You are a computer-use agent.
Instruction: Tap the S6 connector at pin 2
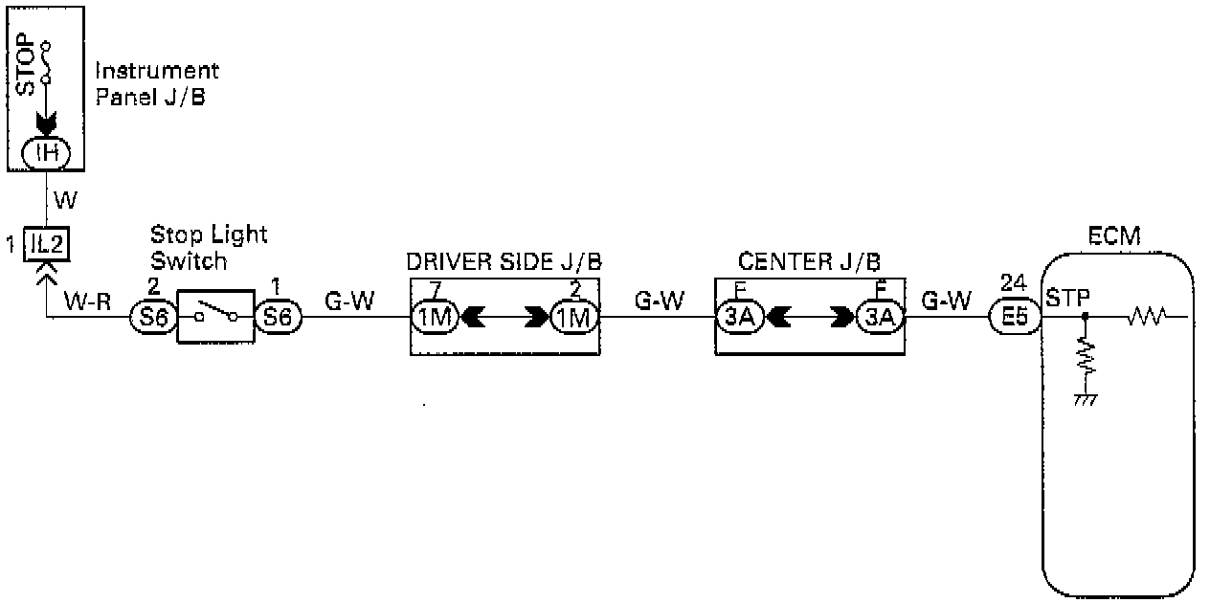[152, 316]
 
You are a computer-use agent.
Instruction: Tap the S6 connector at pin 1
[278, 316]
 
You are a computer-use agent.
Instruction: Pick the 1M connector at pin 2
[573, 316]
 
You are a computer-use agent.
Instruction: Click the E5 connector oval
[1012, 316]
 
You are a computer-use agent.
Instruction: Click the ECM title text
[1115, 236]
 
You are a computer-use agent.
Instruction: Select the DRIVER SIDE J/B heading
[504, 261]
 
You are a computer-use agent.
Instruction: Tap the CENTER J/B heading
[810, 261]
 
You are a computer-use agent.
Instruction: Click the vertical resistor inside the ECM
[1085, 359]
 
